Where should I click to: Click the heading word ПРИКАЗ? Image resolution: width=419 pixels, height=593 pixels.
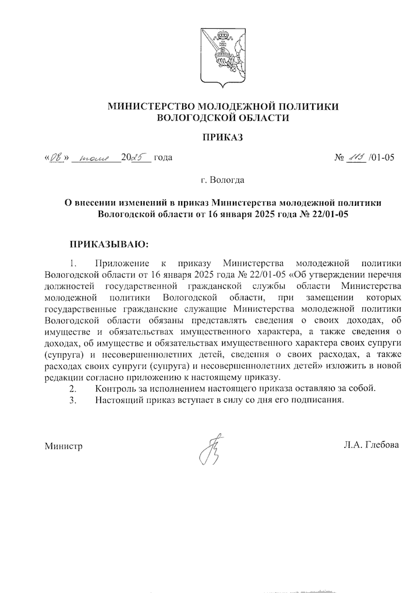point(223,137)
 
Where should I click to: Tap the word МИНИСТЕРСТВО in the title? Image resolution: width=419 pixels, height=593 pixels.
point(151,106)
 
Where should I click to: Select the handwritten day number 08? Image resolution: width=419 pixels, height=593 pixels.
point(56,158)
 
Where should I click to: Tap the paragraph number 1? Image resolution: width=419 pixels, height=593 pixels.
point(73,263)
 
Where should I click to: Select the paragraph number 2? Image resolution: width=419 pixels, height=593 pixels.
point(73,388)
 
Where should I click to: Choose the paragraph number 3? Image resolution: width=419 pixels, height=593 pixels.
point(73,400)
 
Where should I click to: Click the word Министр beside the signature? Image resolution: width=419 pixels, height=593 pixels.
point(64,446)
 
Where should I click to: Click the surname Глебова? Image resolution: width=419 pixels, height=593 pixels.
point(382,445)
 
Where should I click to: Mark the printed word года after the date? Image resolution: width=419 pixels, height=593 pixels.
point(163,158)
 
